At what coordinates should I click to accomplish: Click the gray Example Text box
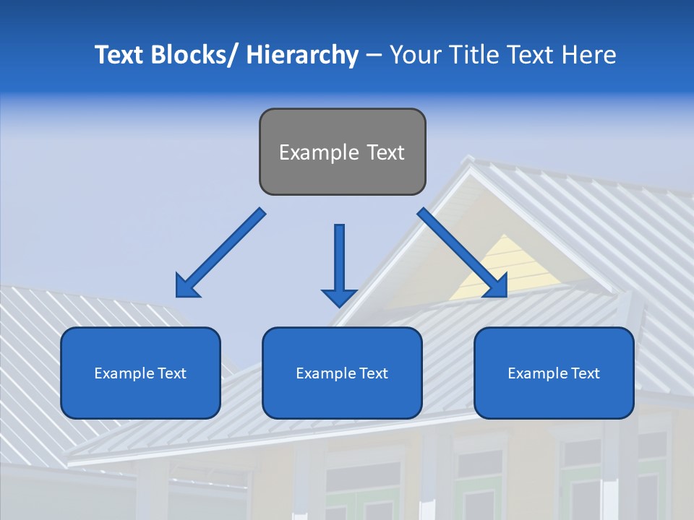[x=342, y=152]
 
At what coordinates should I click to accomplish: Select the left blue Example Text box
[x=140, y=373]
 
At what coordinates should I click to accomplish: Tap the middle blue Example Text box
[x=342, y=373]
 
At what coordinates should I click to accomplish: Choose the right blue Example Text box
[x=554, y=373]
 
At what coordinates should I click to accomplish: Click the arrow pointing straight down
[x=339, y=260]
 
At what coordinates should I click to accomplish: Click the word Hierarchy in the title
[x=302, y=55]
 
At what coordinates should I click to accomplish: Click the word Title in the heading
[x=473, y=55]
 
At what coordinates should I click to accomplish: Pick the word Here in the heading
[x=591, y=55]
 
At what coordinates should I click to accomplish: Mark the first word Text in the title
[x=120, y=55]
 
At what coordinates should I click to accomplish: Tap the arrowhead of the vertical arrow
[x=339, y=297]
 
